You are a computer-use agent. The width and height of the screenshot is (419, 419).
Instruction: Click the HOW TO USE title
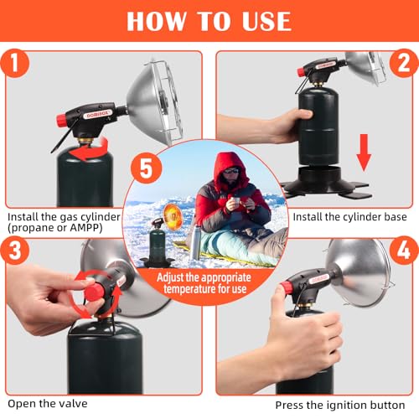[x=209, y=21]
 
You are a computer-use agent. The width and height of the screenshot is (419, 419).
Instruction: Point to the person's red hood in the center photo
[x=229, y=166]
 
